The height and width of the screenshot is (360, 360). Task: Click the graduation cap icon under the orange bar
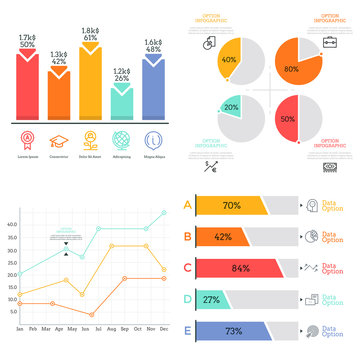pos(60,139)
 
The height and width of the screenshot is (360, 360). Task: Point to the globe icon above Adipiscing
pos(121,139)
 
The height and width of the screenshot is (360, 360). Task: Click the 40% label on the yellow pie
pos(229,59)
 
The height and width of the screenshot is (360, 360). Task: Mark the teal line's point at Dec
pos(164,212)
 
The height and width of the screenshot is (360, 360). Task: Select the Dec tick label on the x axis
pos(164,328)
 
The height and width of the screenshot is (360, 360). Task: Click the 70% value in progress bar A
pos(231,206)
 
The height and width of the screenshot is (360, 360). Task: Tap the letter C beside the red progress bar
pos(187,268)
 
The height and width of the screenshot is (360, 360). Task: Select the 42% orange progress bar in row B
pos(221,237)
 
